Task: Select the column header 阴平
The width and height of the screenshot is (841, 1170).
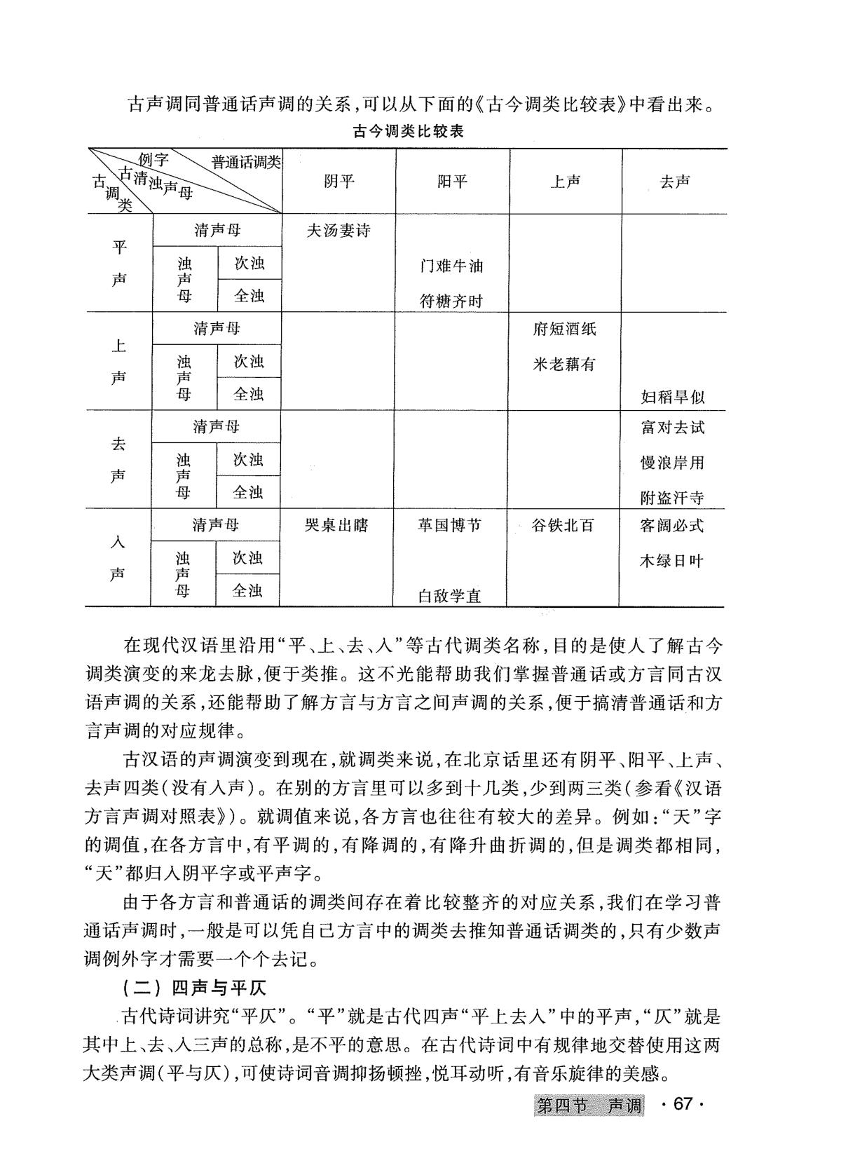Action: point(339,182)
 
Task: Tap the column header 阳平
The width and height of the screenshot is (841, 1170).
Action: point(452,182)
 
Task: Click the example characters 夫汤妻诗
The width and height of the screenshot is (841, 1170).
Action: point(339,231)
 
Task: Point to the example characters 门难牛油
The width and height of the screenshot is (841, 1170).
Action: point(451,266)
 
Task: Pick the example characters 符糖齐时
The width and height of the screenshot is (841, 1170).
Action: point(451,302)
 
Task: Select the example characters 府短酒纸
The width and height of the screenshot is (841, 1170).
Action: point(564,329)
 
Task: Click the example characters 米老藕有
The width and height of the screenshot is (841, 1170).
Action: point(564,365)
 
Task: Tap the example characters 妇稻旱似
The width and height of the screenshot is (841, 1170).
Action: point(673,397)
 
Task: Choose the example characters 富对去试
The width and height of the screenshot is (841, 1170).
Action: point(673,427)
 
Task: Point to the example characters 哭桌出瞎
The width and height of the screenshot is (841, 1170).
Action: point(336,525)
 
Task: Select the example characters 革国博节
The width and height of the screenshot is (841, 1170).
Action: point(450,525)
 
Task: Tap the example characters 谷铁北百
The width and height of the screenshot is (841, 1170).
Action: point(563,525)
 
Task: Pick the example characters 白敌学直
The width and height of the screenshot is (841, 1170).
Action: point(450,597)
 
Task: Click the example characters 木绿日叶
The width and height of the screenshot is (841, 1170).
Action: point(671,561)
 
